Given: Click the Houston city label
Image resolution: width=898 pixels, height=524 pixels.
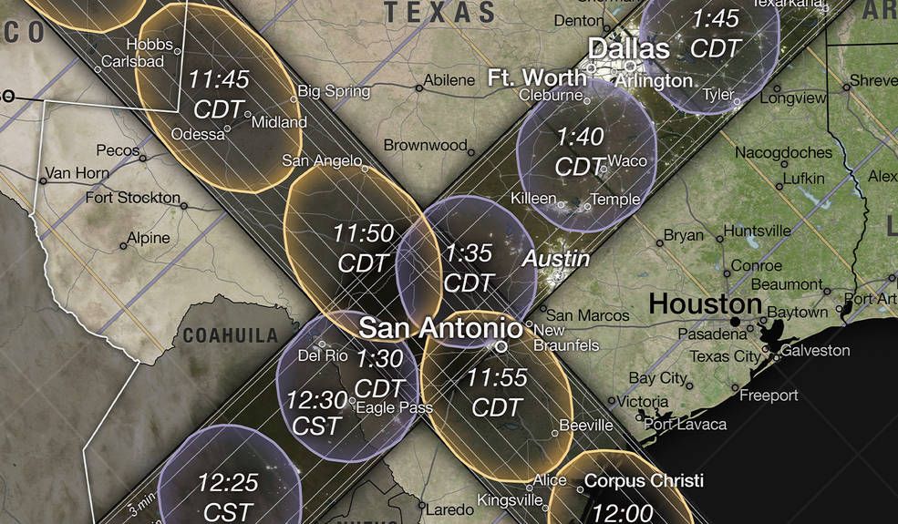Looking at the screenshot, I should [705, 303].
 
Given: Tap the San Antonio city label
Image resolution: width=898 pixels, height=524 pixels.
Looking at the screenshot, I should [439, 327].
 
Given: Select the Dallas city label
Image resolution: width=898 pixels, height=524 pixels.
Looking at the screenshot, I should [628, 48].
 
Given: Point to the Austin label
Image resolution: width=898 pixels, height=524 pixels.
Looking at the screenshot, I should [555, 259].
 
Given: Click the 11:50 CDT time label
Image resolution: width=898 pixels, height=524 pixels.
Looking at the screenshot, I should [363, 248].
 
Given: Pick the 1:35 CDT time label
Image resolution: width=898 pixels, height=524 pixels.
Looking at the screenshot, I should [469, 267].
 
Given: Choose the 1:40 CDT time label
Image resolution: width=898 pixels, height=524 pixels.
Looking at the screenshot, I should [580, 151].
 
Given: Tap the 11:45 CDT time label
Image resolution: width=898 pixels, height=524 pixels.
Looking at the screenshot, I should [219, 93].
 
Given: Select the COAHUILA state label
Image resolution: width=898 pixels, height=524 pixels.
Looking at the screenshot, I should [230, 334].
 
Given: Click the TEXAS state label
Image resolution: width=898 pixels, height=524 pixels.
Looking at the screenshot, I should [439, 13].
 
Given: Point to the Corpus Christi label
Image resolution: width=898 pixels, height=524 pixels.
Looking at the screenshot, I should [644, 479].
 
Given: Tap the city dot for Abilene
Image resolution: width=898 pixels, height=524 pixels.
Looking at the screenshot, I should [419, 88].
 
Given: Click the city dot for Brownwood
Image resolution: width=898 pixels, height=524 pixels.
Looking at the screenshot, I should [471, 147].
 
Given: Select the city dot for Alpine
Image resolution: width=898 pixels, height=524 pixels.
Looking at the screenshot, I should [124, 246].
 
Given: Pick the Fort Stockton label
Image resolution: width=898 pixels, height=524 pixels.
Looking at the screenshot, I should [132, 198].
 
